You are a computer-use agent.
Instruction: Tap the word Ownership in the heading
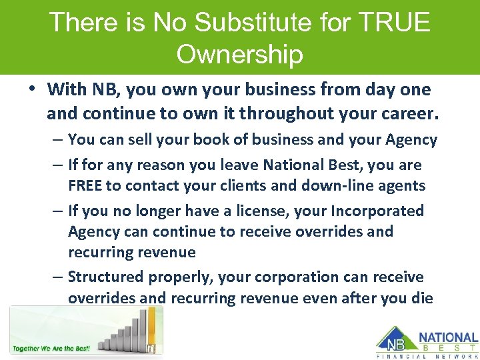(239, 54)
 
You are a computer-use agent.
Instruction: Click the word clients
(250, 185)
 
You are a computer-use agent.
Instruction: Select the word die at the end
(421, 297)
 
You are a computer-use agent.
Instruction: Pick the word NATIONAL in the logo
(448, 339)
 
